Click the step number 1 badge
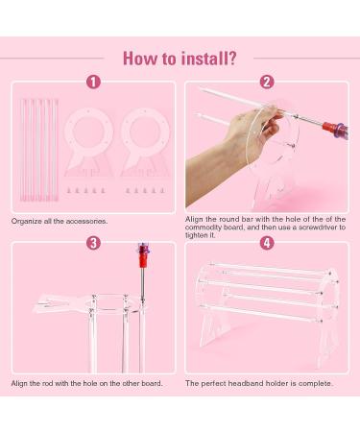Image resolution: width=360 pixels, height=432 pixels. [x=93, y=82]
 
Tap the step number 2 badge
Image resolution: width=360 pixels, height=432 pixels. [x=267, y=82]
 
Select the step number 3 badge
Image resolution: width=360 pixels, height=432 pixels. [x=93, y=243]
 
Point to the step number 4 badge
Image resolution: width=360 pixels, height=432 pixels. [x=267, y=243]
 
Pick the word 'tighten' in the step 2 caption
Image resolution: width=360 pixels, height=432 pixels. [x=197, y=235]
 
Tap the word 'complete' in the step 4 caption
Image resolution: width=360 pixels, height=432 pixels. [x=316, y=383]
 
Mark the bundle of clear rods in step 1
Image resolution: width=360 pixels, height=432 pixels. [x=39, y=150]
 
